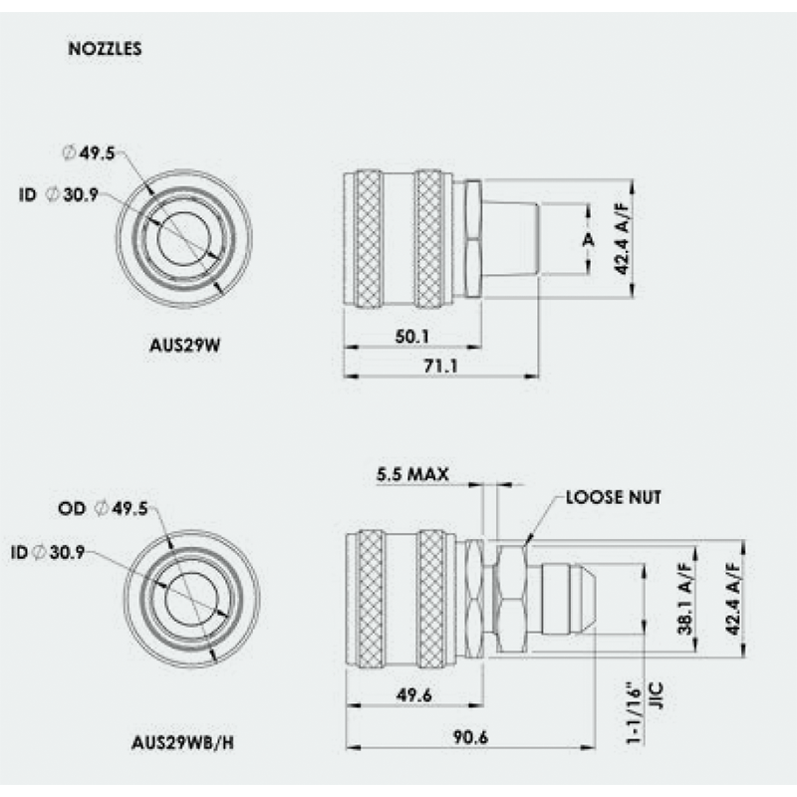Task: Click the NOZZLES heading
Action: click(105, 49)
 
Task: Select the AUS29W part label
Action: click(185, 345)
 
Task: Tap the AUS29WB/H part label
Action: click(183, 742)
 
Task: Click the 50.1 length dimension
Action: click(412, 337)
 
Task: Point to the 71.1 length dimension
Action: click(440, 366)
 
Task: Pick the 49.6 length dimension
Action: click(413, 694)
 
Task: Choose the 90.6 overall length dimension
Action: click(470, 737)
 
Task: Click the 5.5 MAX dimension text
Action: click(412, 474)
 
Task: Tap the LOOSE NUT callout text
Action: click(614, 497)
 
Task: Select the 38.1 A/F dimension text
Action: click(685, 598)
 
